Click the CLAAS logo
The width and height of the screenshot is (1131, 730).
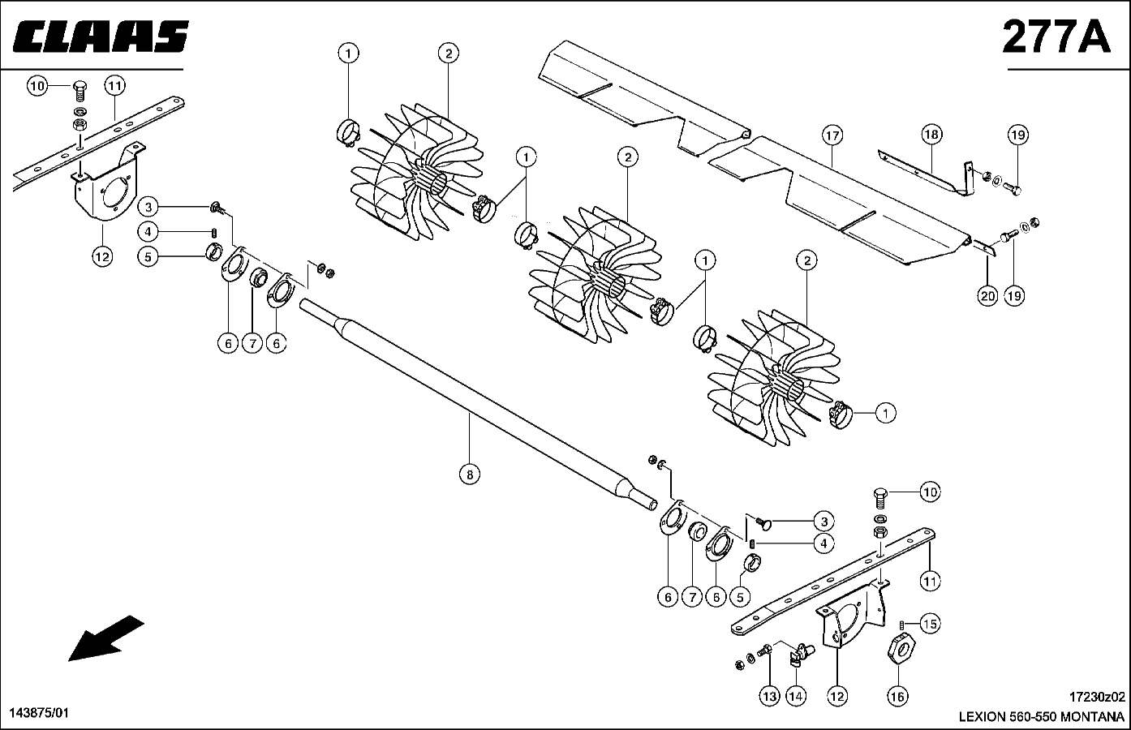[101, 36]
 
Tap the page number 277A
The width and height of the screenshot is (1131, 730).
[1056, 36]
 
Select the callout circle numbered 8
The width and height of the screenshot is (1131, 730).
[470, 474]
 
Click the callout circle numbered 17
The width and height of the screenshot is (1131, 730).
[832, 135]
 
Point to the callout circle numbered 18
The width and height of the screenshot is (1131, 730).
[931, 135]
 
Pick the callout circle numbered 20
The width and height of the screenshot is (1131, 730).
[987, 296]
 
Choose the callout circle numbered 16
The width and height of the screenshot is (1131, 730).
[897, 698]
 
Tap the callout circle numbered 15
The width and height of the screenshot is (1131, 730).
[930, 625]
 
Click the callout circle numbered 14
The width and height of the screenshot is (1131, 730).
[796, 698]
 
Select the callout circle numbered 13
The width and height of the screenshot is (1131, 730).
[769, 698]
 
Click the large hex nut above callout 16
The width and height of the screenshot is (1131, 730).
[901, 650]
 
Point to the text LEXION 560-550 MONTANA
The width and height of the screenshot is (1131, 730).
[1042, 717]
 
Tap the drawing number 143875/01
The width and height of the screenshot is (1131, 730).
[39, 713]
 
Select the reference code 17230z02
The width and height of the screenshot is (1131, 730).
[1097, 698]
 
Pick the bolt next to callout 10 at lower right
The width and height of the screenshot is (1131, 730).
[879, 498]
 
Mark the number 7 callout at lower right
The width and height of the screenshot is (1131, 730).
[692, 597]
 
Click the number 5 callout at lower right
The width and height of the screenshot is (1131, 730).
[740, 597]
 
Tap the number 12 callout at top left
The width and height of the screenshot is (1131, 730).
[102, 257]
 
